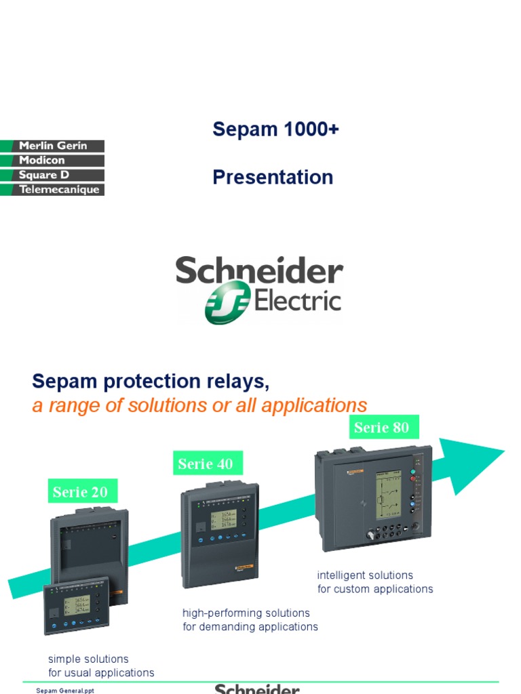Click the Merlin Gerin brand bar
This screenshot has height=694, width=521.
click(x=53, y=146)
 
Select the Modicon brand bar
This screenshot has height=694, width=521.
click(x=53, y=161)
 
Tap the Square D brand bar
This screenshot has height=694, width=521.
click(x=53, y=175)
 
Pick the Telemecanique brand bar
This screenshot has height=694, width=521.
click(x=53, y=190)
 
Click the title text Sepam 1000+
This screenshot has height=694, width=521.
click(x=275, y=129)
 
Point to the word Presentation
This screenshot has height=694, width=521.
click(x=273, y=177)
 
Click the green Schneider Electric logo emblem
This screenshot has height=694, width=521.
click(x=228, y=303)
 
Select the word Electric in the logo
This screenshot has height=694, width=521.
click(x=297, y=300)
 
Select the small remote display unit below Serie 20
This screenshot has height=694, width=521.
click(x=76, y=607)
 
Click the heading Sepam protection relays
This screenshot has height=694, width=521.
click(x=151, y=382)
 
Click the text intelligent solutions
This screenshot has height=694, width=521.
click(x=365, y=575)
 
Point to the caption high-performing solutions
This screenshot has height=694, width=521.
click(x=246, y=613)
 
